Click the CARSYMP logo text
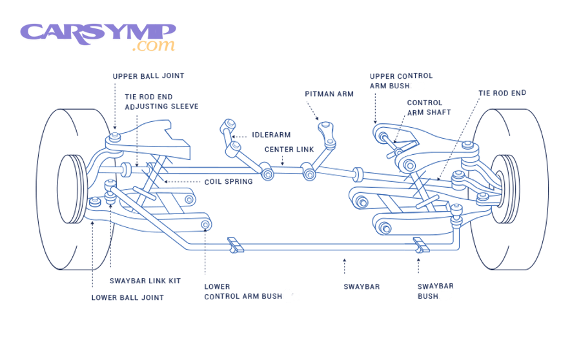tap(97, 32)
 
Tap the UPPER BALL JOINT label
tap(148, 76)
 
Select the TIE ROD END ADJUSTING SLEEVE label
tap(161, 101)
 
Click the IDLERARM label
tap(271, 135)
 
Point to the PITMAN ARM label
tap(329, 94)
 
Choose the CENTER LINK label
tap(289, 150)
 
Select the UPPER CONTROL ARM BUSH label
tap(400, 81)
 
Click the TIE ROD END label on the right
tap(502, 93)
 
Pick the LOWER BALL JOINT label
tap(127, 297)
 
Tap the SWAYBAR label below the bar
tap(362, 286)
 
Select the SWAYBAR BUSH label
tap(434, 291)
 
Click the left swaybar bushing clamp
tap(234, 245)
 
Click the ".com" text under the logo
tap(154, 46)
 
